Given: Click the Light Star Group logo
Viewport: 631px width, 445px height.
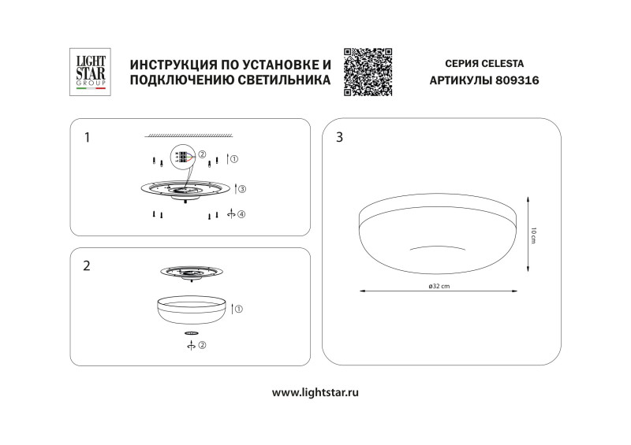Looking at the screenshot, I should (x=89, y=72).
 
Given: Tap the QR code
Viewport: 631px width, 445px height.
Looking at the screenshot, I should (x=368, y=72).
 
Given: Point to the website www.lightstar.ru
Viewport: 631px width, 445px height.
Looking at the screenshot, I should (x=315, y=391).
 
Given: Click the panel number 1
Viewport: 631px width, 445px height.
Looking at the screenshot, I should (x=87, y=138).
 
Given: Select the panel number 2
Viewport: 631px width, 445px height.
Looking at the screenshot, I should (x=87, y=265).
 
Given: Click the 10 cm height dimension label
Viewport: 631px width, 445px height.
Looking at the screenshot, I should (x=533, y=235).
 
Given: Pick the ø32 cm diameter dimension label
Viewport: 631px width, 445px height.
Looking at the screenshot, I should (x=435, y=286).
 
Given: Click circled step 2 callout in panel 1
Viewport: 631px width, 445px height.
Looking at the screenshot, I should (x=202, y=154).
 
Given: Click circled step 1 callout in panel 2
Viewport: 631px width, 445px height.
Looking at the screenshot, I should (x=240, y=309).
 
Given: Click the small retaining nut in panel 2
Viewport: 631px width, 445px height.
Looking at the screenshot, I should (x=191, y=334).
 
